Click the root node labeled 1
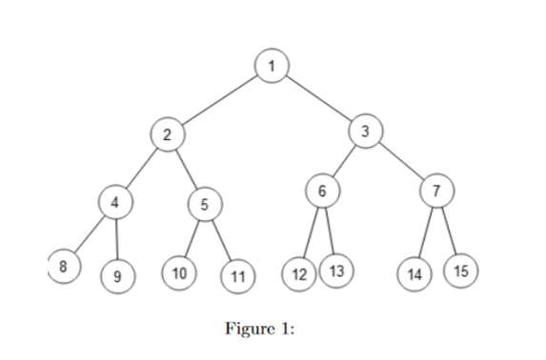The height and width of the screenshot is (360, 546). tap(272, 66)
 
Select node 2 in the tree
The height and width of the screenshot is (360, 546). tap(168, 134)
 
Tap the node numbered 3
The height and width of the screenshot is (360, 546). tap(365, 130)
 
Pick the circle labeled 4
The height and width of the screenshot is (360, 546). tap(115, 201)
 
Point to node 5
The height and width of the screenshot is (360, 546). tap(204, 203)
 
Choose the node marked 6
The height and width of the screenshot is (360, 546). tap(322, 190)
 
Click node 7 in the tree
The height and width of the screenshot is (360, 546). tap(436, 190)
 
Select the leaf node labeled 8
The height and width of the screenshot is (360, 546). tap(64, 266)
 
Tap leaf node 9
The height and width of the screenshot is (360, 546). tap(117, 277)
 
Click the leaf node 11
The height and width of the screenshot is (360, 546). tap(236, 277)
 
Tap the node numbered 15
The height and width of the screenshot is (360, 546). tap(461, 270)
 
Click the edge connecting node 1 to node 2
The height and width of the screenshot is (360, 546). tap(219, 100)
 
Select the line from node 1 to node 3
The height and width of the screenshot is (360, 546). tap(318, 98)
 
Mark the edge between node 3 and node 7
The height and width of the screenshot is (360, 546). tap(401, 161)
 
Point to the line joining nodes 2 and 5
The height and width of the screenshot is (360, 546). tap(186, 169)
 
